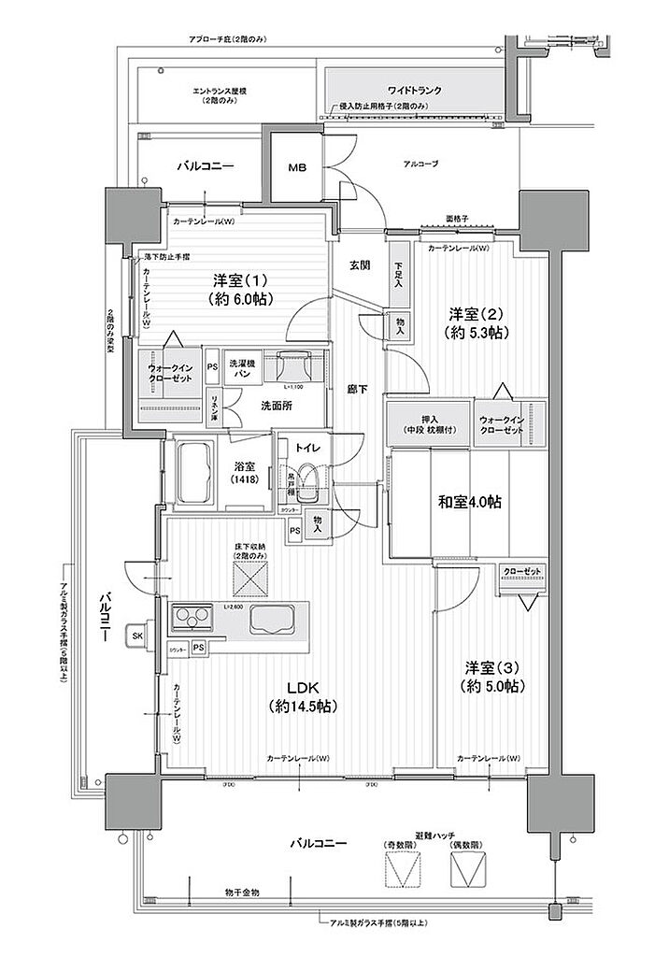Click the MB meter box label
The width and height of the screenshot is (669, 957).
click(x=296, y=168)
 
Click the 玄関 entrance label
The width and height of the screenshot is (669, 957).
click(x=361, y=264)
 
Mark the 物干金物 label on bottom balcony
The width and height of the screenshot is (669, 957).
click(x=242, y=893)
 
